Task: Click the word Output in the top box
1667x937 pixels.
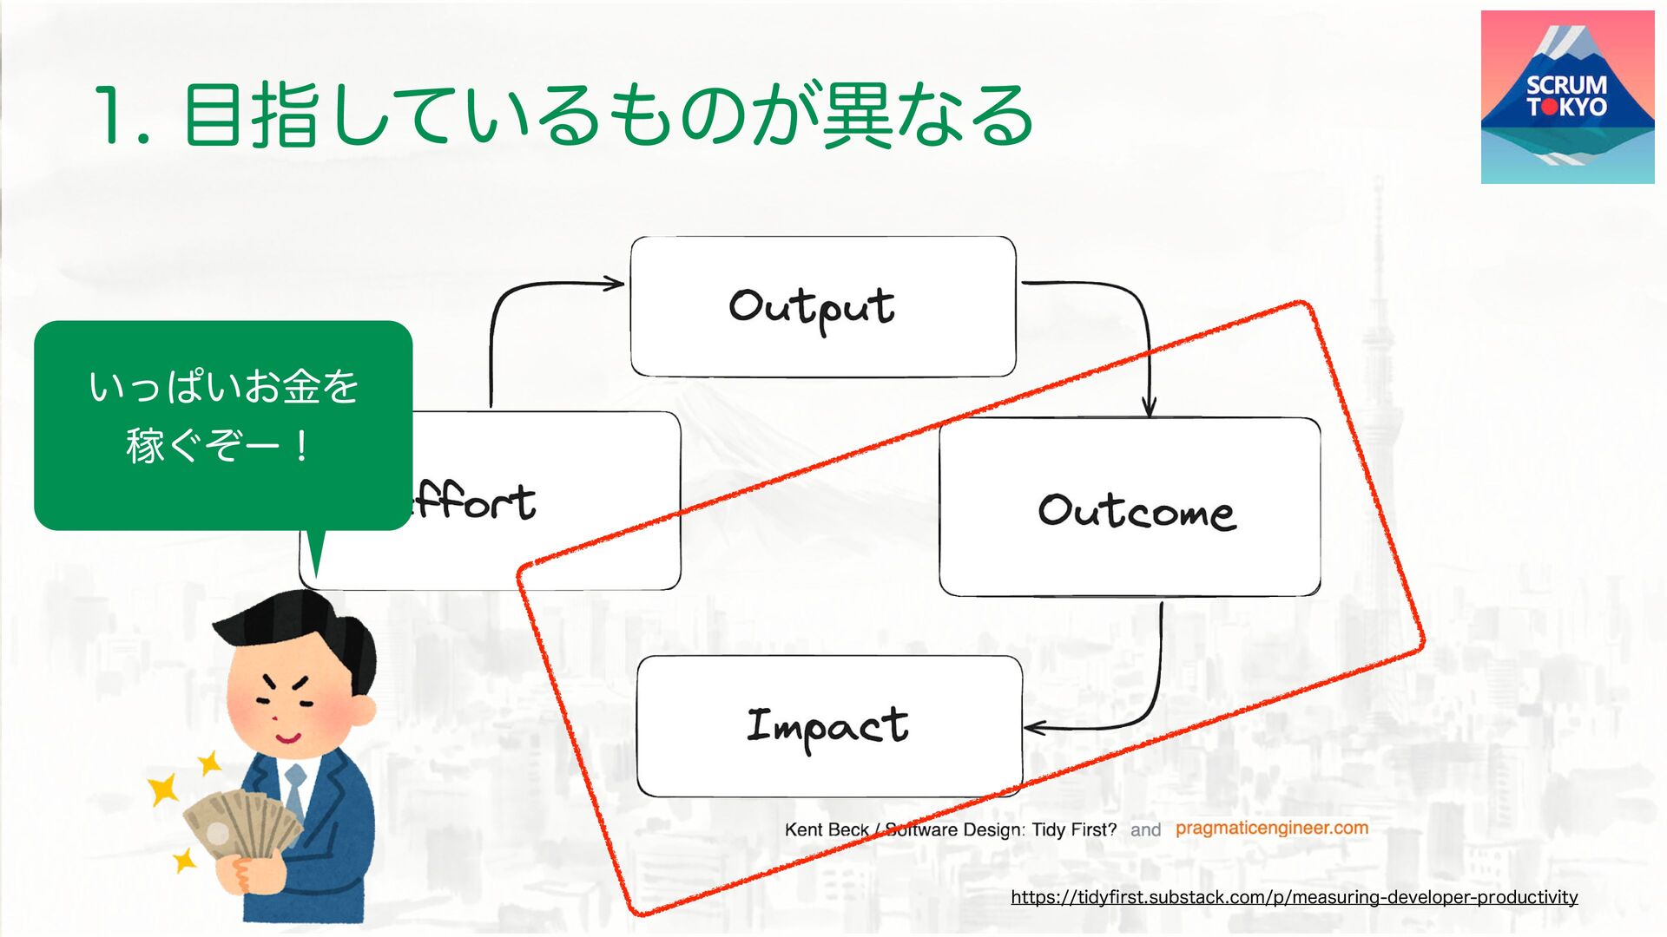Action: tap(812, 308)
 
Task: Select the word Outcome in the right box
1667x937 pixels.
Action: tap(1136, 511)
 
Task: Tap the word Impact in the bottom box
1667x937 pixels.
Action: tap(827, 727)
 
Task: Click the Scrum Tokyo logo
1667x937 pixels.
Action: tap(1567, 97)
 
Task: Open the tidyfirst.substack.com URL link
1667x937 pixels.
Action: tap(1294, 897)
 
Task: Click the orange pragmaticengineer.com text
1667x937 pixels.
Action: tap(1272, 828)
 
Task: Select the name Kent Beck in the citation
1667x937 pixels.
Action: tap(826, 829)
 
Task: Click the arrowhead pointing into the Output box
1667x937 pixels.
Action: tap(615, 283)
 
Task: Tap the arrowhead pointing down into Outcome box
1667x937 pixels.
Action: tap(1149, 408)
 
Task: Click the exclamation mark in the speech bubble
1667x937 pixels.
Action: tap(301, 446)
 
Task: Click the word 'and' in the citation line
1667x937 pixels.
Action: tap(1145, 829)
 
